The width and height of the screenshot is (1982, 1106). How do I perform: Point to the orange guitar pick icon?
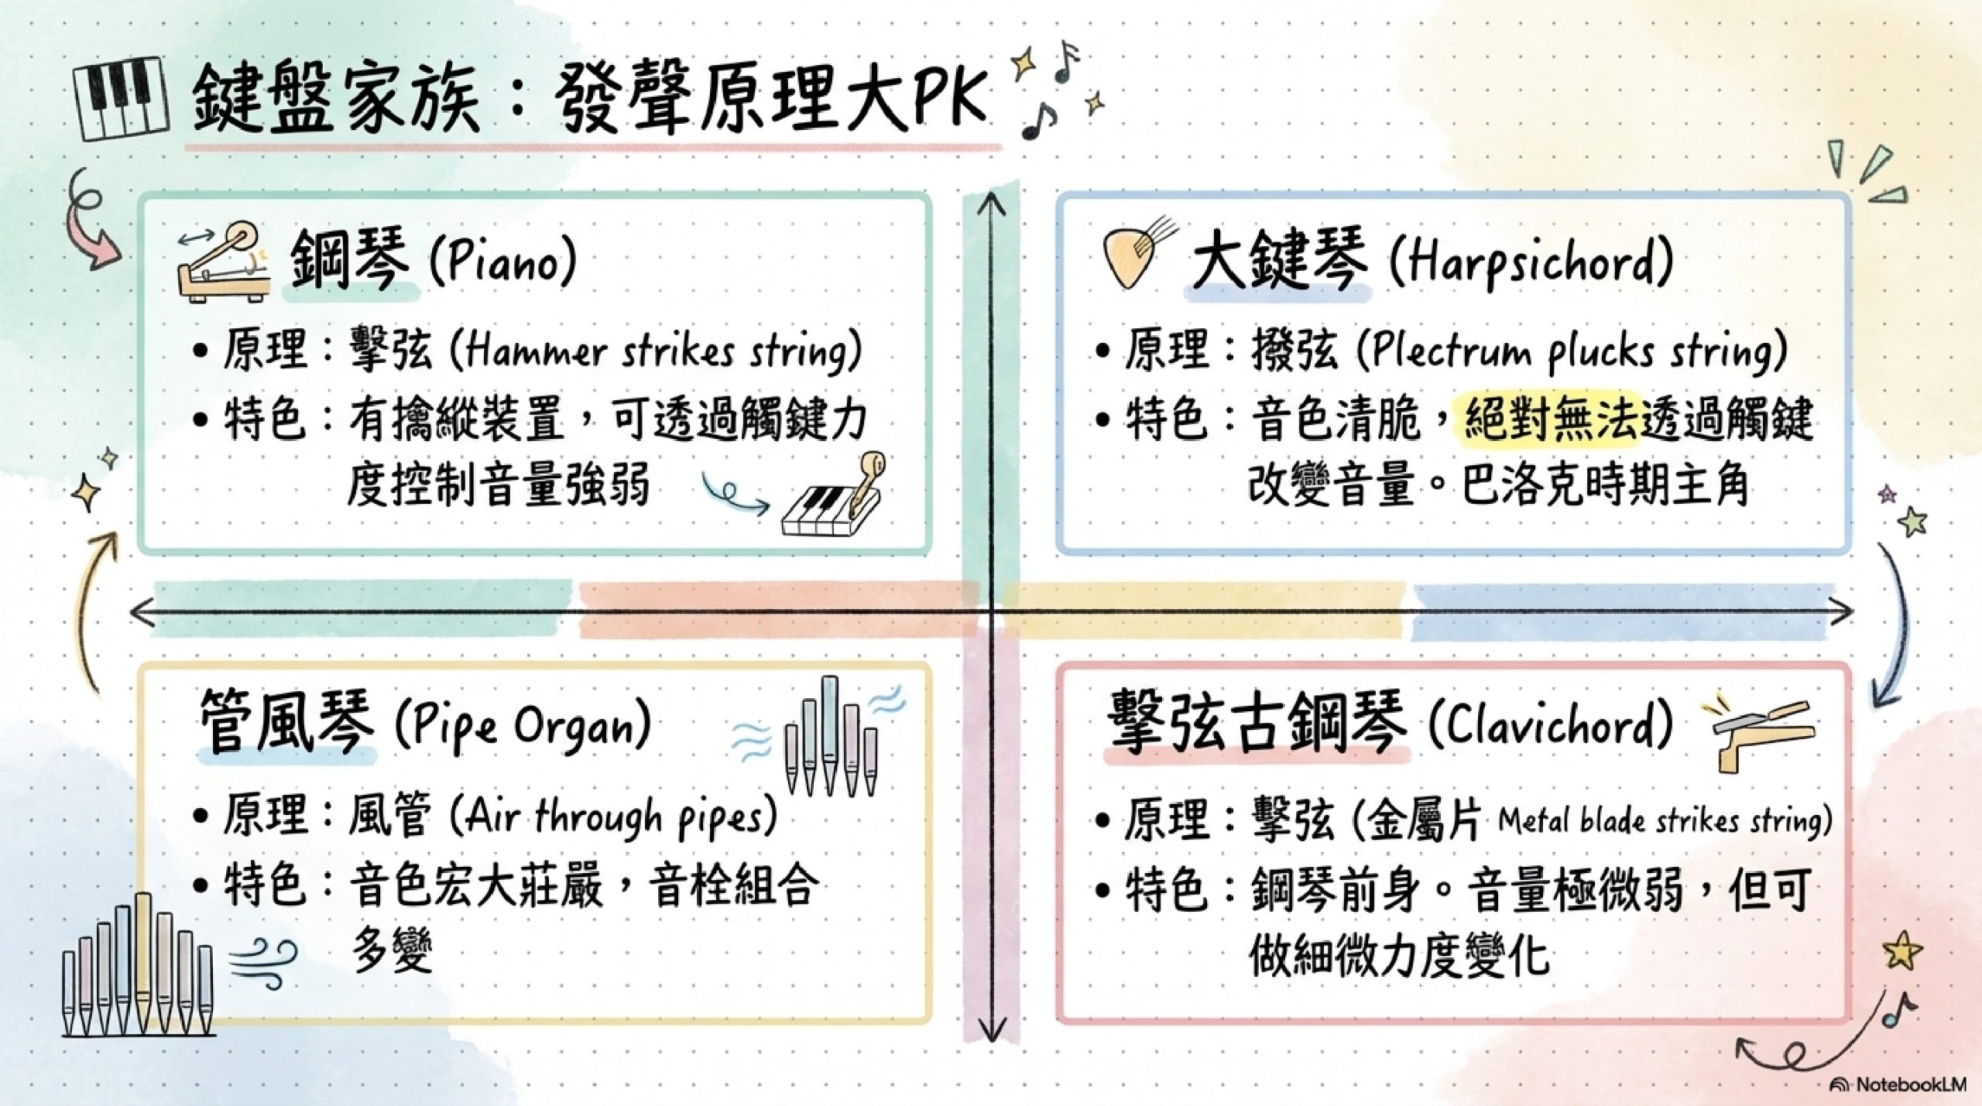coord(1131,256)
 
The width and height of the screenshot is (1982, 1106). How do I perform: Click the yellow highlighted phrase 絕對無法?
coord(1548,421)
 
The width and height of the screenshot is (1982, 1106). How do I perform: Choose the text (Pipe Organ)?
coord(522,726)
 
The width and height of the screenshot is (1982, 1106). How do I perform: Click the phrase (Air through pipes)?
coord(611,818)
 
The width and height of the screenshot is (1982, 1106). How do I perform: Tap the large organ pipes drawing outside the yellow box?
coord(138,967)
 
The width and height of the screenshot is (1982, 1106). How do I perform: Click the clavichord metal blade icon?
coord(1757,736)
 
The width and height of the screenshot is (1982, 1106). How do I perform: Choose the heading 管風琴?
coord(286,723)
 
